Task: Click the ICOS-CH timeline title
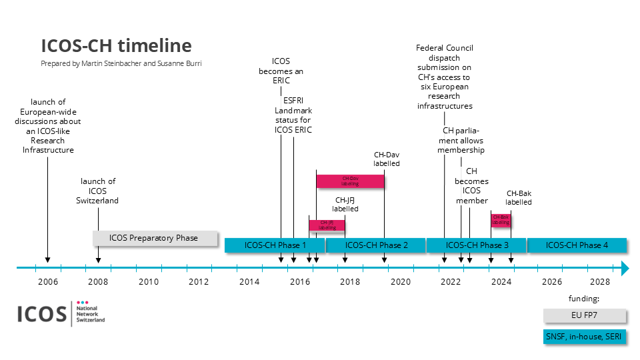pyautogui.click(x=116, y=45)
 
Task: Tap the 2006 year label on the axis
pyautogui.click(x=48, y=281)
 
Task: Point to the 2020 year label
pyautogui.click(x=401, y=281)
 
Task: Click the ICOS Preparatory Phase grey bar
pyautogui.click(x=155, y=238)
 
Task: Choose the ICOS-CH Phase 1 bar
pyautogui.click(x=275, y=245)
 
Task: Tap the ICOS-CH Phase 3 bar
pyautogui.click(x=476, y=245)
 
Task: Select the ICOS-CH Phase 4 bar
pyautogui.click(x=577, y=245)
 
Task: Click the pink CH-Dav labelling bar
pyautogui.click(x=350, y=180)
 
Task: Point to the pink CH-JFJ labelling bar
pyautogui.click(x=327, y=225)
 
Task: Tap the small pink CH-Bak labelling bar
pyautogui.click(x=501, y=220)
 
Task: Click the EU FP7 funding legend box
pyautogui.click(x=585, y=315)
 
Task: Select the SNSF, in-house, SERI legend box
pyautogui.click(x=585, y=337)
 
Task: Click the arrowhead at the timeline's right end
pyautogui.click(x=625, y=268)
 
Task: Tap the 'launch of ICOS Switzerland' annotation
pyautogui.click(x=98, y=191)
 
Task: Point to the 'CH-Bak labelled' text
pyautogui.click(x=518, y=197)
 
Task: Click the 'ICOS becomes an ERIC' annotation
pyautogui.click(x=281, y=66)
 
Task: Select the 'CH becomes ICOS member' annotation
pyautogui.click(x=471, y=186)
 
